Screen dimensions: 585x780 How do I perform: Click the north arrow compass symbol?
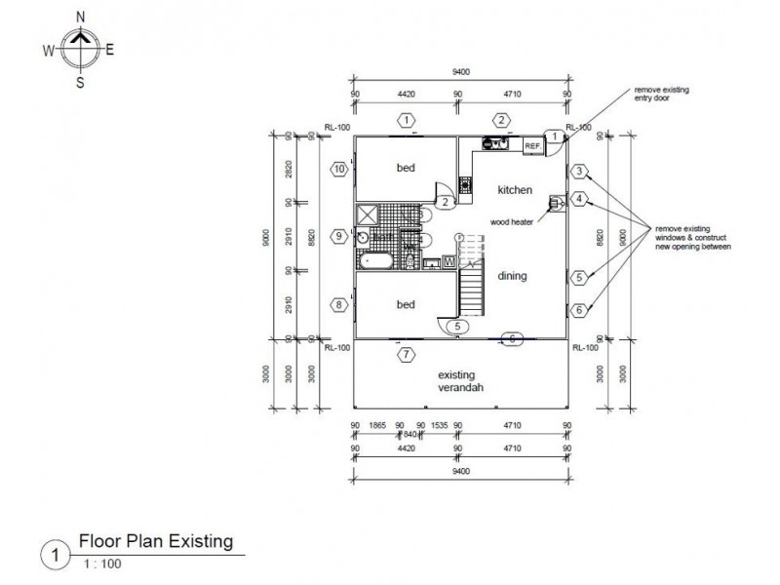click(81, 49)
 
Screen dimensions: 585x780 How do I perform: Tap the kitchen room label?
click(514, 189)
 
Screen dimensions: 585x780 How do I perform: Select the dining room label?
click(512, 276)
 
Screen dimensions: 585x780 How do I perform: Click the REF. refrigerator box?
click(532, 146)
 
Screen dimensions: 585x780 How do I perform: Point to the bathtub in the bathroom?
click(374, 261)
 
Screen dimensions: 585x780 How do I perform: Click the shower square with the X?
click(368, 214)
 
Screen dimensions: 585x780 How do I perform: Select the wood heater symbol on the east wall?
click(557, 203)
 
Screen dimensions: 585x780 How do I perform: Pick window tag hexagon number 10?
click(339, 169)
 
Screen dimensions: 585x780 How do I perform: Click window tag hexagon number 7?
click(405, 354)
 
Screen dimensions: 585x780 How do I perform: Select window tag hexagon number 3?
click(579, 173)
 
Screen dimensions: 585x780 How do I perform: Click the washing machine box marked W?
click(448, 260)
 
